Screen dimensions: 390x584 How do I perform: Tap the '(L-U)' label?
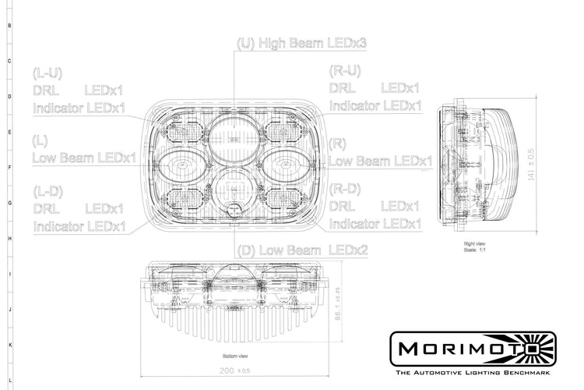(47, 73)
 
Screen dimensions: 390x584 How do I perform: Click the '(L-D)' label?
(47, 191)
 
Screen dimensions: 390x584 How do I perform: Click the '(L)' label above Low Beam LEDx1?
(41, 141)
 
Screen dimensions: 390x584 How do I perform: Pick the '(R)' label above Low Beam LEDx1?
(337, 144)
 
